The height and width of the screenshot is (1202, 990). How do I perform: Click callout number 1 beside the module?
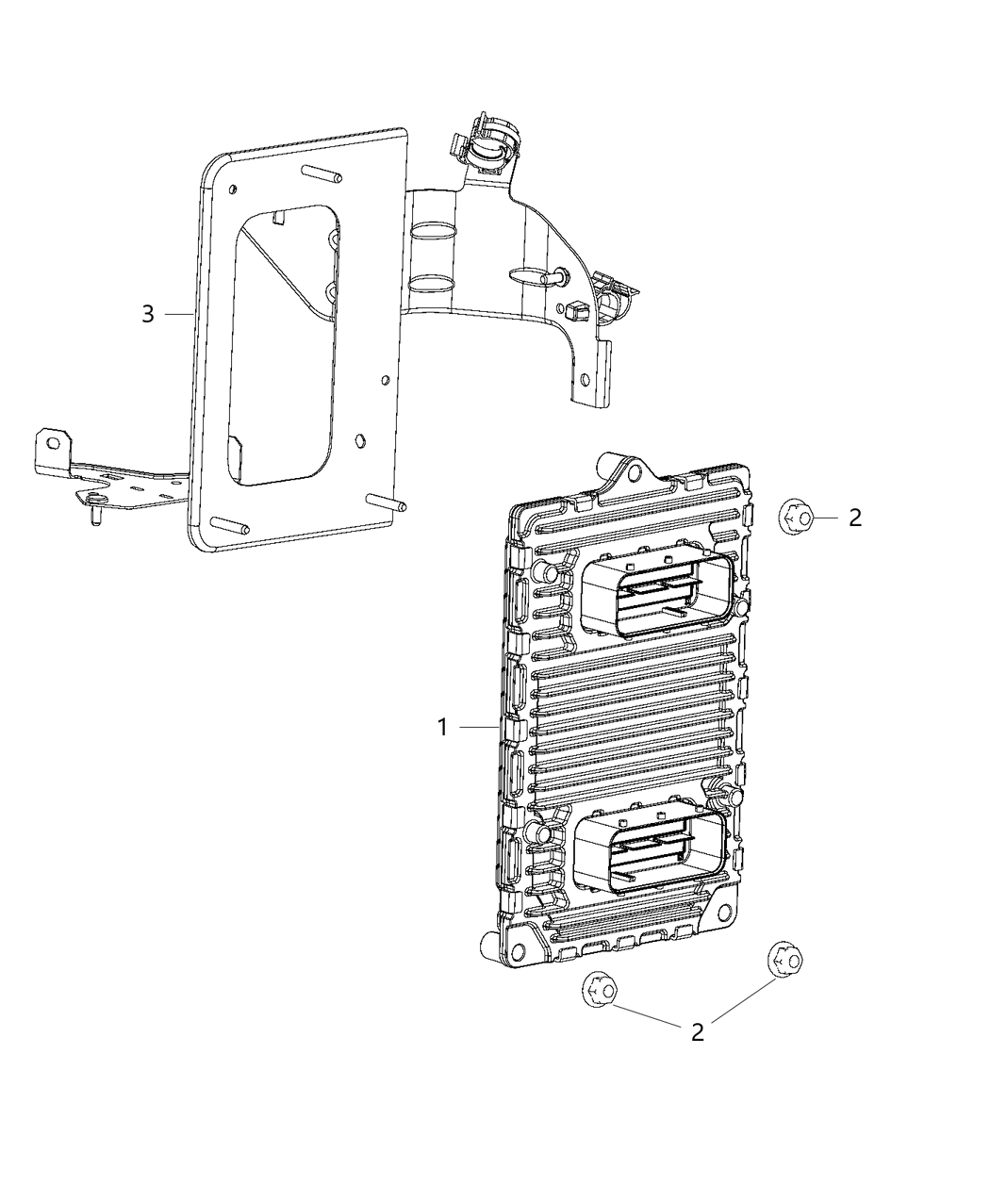click(x=441, y=727)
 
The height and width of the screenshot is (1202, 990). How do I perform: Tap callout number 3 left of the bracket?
click(x=148, y=314)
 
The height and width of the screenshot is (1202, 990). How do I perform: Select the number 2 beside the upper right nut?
click(x=855, y=517)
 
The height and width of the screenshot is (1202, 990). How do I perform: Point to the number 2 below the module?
click(x=698, y=1031)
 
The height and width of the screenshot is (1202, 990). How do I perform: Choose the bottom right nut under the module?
click(x=784, y=959)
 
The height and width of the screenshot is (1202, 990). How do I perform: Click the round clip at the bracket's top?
click(x=489, y=149)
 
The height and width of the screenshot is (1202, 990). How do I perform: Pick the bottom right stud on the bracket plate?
click(x=387, y=502)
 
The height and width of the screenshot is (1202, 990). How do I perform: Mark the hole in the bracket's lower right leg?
click(x=586, y=380)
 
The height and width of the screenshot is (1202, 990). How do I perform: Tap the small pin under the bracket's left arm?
click(x=95, y=517)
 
